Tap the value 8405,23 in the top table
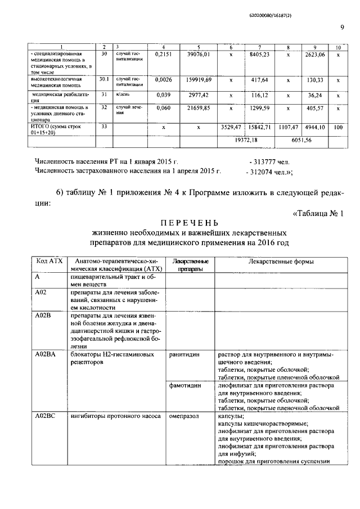pos(259,54)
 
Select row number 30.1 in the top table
pos(103,80)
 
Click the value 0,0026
pos(163,80)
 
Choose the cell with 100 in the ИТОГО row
pos(338,128)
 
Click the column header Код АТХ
pos(48,262)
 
